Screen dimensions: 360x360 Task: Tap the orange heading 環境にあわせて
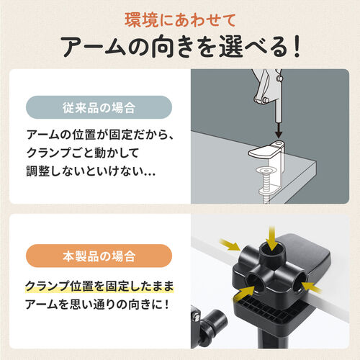click(179, 17)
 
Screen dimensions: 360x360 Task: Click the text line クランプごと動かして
click(84, 154)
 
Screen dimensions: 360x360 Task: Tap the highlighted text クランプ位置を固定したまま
click(99, 286)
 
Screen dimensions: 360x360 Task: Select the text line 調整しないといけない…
click(93, 174)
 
